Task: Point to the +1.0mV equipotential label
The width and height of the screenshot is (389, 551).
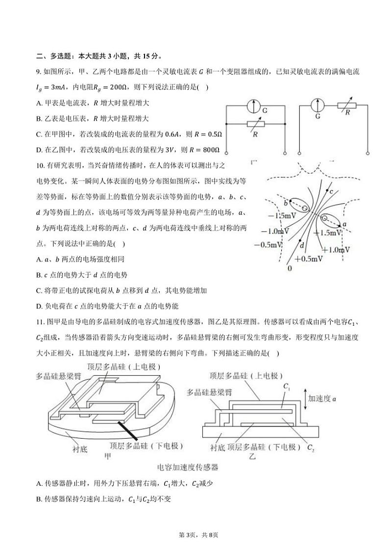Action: point(337,249)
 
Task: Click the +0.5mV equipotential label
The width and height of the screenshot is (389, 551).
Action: point(308,259)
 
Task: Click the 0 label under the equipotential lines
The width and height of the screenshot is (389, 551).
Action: point(290,268)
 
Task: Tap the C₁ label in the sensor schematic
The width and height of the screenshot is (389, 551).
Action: point(287,386)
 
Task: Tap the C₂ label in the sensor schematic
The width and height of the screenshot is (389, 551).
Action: point(310,447)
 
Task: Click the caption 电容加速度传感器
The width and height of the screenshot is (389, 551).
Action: point(187,467)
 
